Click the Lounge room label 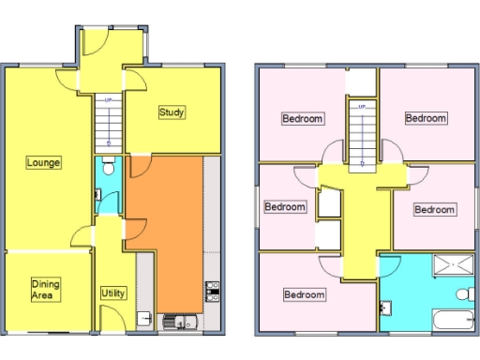(43, 162)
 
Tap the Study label (172, 112)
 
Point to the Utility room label (112, 293)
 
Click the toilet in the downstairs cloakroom (110, 169)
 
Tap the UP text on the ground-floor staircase (109, 101)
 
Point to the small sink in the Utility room (142, 317)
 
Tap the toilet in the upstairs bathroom (463, 294)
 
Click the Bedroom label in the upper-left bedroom (303, 119)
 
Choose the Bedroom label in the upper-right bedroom (425, 118)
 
